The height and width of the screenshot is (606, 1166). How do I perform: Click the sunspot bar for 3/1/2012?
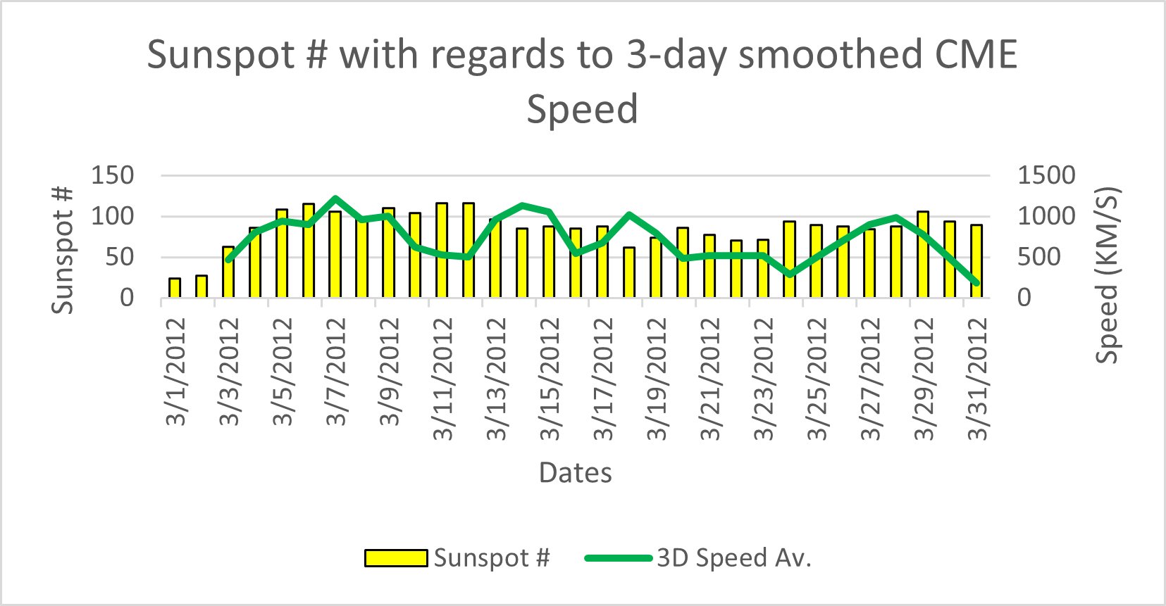point(175,289)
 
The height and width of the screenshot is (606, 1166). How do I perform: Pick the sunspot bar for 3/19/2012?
point(655,269)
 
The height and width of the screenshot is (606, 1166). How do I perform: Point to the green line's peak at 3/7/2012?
point(335,199)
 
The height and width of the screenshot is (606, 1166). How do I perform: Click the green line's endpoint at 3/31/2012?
point(976,283)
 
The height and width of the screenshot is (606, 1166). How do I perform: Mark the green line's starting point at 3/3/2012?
point(228,260)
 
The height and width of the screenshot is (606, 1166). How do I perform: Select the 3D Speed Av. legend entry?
point(698,558)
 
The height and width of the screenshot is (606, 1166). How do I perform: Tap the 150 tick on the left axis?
point(113,175)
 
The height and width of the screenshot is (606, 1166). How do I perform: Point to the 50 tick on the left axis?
point(120,257)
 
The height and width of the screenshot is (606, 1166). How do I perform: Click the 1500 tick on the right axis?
point(1046,175)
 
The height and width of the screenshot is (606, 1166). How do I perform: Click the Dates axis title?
point(575,472)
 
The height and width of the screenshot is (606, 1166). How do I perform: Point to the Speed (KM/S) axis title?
point(1108,274)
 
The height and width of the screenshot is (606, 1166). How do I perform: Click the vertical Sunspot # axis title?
point(63,250)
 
